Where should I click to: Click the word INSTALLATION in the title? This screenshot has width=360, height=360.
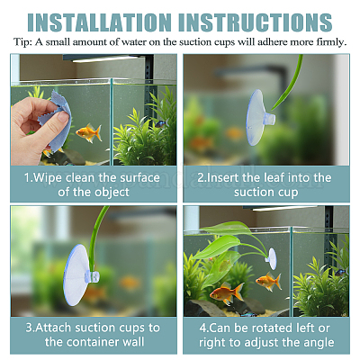99,22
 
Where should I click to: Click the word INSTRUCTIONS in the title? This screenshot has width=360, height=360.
256,22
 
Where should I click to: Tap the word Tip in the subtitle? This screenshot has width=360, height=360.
22,42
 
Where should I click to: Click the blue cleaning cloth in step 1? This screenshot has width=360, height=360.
56,120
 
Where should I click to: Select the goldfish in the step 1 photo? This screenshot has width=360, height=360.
88,132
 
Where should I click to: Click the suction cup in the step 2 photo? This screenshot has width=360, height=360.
259,118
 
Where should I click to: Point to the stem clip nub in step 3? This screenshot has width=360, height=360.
92,276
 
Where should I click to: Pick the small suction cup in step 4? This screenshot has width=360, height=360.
271,258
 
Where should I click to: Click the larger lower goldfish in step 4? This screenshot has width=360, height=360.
227,293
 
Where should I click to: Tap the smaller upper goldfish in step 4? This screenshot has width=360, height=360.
268,282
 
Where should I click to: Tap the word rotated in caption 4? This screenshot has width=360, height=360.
270,328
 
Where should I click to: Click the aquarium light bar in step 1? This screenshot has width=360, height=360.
105,58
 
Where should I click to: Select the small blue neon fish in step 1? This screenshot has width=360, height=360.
160,123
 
